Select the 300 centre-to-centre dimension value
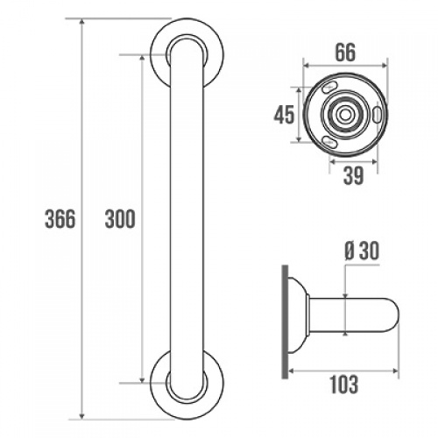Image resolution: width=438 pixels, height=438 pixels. [119, 218]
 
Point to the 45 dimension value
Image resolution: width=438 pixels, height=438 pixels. [281, 116]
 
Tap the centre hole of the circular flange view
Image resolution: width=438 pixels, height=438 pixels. [344, 115]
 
